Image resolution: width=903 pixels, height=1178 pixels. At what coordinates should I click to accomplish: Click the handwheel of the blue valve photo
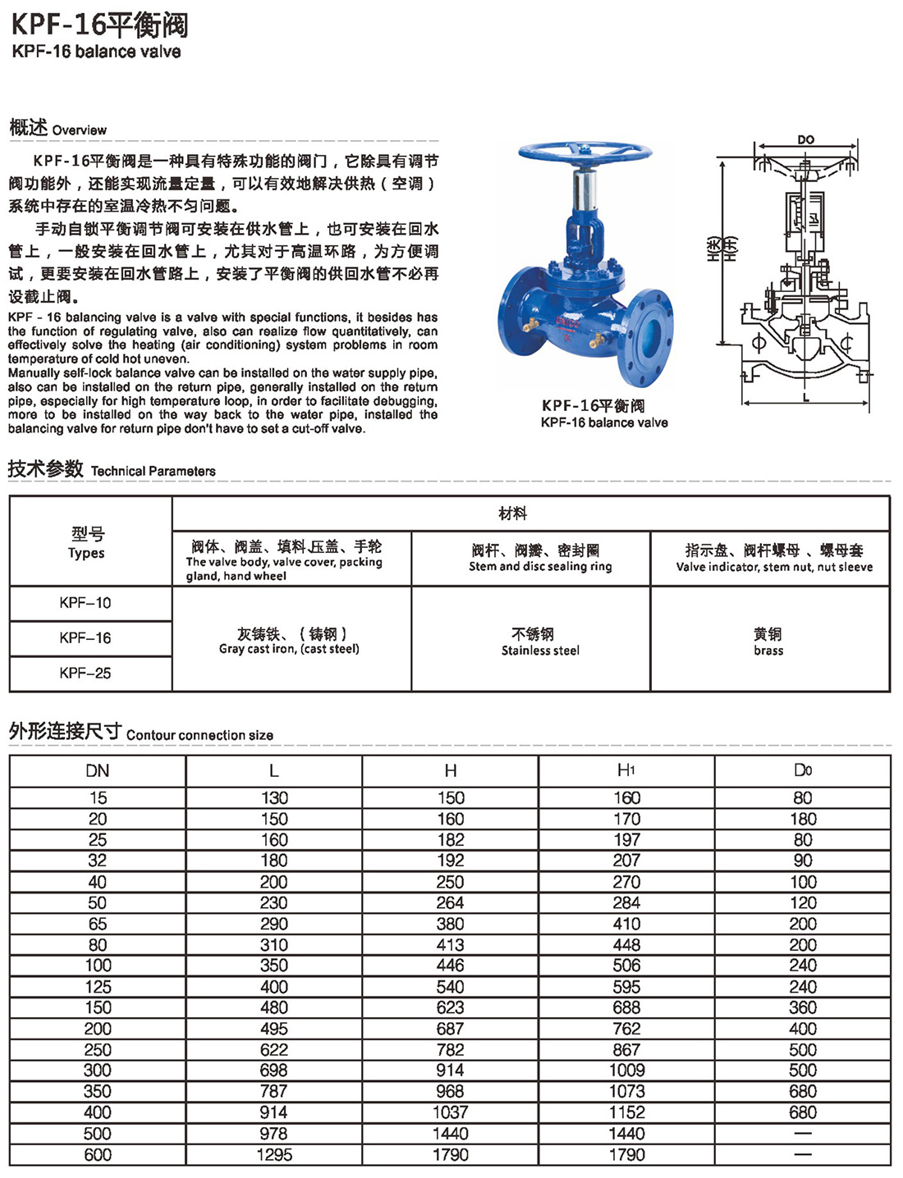584,153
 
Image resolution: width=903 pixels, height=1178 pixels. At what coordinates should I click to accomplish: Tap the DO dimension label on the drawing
805,139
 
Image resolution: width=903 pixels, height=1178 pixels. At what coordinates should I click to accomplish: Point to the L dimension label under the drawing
806,398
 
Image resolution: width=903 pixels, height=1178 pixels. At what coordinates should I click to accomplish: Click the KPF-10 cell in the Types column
85,603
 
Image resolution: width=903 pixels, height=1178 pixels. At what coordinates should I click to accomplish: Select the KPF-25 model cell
85,673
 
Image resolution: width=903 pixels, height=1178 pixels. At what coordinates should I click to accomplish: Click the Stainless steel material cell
540,642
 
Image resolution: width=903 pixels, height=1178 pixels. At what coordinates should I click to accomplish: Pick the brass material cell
768,642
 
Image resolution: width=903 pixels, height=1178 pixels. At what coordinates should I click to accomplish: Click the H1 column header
626,770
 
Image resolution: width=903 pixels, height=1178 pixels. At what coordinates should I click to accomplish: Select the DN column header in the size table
98,770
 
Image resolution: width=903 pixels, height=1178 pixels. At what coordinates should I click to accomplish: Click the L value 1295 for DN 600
274,1154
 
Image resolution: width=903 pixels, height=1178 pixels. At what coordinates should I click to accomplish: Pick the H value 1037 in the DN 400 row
450,1112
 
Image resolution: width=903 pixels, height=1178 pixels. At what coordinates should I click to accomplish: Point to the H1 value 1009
626,1070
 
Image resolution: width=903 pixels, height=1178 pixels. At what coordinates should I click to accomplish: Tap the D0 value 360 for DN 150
803,1007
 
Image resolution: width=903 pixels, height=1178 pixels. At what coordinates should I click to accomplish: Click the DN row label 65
98,924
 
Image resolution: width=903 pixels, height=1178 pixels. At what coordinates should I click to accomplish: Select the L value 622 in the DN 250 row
274,1049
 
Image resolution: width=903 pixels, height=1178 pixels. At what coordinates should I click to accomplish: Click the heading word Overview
79,130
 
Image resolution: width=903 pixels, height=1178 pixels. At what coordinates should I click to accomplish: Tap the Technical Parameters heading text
154,471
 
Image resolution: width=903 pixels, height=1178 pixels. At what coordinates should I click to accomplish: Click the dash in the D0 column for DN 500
803,1134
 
